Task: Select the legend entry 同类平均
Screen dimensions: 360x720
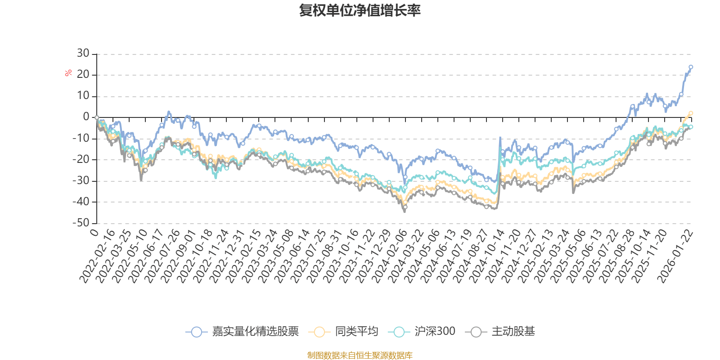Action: pos(343,332)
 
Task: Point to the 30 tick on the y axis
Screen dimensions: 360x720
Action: pos(83,54)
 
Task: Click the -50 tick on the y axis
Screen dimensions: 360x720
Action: pos(81,223)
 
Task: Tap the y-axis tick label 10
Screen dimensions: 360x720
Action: pos(83,96)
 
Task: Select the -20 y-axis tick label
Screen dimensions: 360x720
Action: pos(81,159)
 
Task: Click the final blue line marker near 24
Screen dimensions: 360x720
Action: pos(691,67)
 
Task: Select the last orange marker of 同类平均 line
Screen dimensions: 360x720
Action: pos(691,113)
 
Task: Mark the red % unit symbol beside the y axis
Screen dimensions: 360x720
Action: pos(68,73)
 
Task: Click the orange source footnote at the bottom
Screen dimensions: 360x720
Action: pos(360,355)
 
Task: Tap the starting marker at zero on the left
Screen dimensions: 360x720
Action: pos(96,117)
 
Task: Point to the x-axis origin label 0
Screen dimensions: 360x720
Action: pos(94,232)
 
